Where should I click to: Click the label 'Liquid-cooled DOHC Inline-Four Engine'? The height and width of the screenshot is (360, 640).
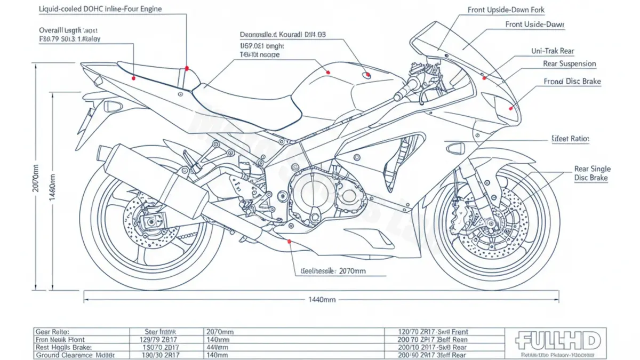(x=101, y=9)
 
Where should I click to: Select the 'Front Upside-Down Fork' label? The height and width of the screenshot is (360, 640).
(x=506, y=10)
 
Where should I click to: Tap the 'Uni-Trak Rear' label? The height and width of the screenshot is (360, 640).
(x=552, y=51)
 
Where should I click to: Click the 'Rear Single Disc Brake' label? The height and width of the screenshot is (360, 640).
(x=592, y=174)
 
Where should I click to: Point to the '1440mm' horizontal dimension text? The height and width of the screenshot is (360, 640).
(x=322, y=300)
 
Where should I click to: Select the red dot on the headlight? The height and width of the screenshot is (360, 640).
(x=511, y=108)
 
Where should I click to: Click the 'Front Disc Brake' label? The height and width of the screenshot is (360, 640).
(x=572, y=82)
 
